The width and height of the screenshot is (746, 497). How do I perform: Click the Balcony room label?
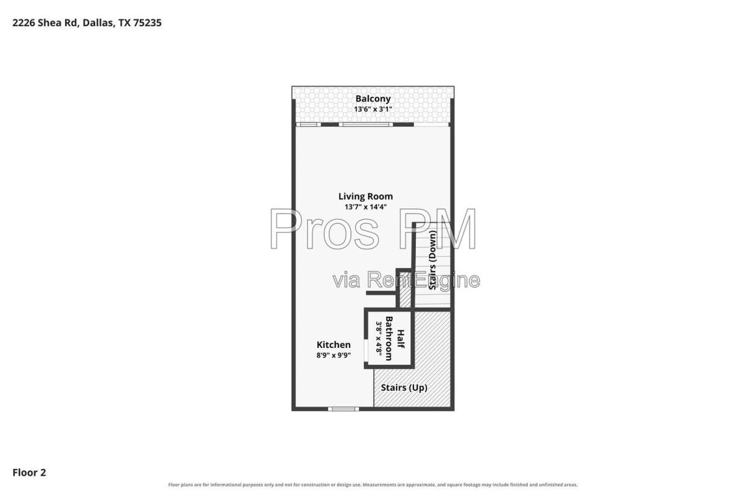tap(372, 99)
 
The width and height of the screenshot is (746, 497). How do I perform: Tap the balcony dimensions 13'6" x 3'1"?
tap(372, 109)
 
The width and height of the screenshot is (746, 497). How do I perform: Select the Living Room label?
tap(366, 196)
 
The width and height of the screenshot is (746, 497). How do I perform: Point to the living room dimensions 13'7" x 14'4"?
tap(366, 207)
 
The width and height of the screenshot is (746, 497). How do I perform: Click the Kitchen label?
tap(333, 345)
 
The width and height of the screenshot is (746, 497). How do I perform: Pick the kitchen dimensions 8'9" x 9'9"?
tap(333, 355)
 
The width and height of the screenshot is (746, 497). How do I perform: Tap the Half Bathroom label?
tap(394, 338)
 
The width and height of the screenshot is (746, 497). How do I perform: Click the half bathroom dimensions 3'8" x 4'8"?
tap(379, 338)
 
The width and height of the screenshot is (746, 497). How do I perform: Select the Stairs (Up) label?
tap(404, 388)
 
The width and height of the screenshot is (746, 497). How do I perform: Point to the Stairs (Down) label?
tap(433, 260)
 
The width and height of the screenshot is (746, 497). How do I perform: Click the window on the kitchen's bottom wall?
tap(343, 409)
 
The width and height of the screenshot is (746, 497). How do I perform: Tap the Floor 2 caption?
tap(29, 472)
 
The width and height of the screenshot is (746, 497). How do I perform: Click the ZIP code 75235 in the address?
tap(147, 22)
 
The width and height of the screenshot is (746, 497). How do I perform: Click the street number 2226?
tap(24, 22)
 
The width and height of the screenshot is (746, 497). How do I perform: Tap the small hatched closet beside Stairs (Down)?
tap(405, 290)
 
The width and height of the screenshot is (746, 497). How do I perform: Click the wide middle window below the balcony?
tap(366, 124)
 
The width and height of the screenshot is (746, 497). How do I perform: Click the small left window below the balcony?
tap(308, 124)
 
